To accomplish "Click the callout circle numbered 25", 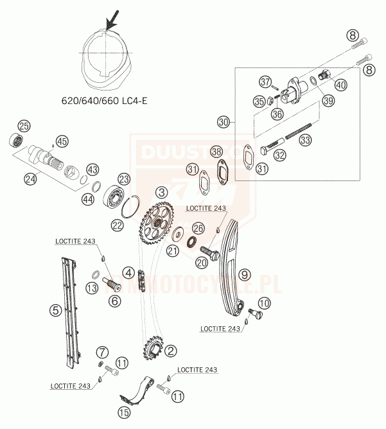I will click(25, 126).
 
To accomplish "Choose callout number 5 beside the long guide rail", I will click(56, 311).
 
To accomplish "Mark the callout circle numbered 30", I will click(223, 120).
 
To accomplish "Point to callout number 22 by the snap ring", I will click(118, 224).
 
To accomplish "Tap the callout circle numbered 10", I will click(265, 303).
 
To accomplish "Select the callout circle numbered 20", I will click(202, 261).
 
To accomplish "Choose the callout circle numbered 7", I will click(102, 352).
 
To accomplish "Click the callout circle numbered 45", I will click(62, 141).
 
